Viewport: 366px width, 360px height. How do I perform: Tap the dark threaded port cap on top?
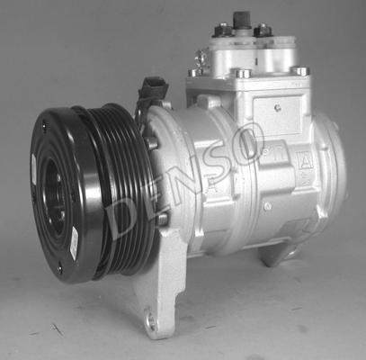pyautogui.click(x=242, y=20)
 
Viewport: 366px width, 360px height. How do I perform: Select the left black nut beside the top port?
pyautogui.click(x=223, y=30)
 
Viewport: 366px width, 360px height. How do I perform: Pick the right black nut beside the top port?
pyautogui.click(x=263, y=30)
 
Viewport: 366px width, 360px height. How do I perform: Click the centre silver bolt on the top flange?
pyautogui.click(x=243, y=73)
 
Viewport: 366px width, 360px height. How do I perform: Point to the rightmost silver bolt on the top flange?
pyautogui.click(x=300, y=71)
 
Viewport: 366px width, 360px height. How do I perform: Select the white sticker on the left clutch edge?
pyautogui.click(x=33, y=169)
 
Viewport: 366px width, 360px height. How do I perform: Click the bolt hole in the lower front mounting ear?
pyautogui.click(x=150, y=321)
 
